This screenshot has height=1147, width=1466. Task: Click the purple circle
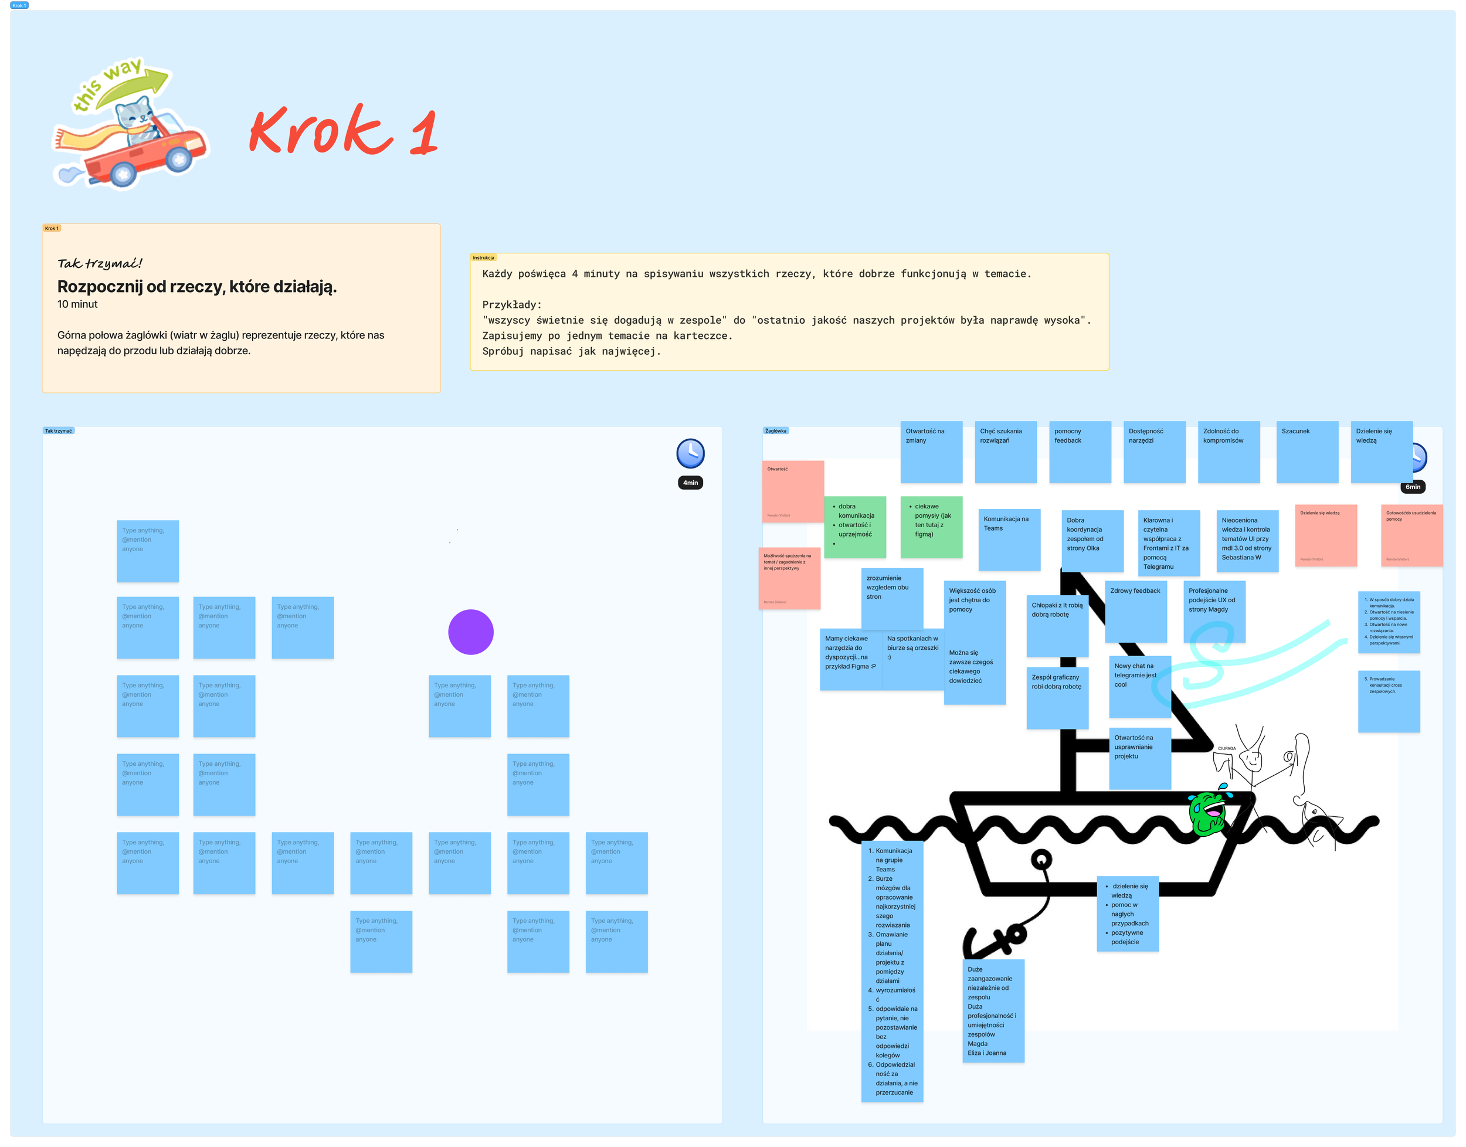471,632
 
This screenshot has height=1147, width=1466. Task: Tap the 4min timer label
690,483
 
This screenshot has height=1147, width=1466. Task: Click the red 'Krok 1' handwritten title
343,130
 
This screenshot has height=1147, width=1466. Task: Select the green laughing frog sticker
1209,813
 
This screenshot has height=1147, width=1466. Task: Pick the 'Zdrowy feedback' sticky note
1136,610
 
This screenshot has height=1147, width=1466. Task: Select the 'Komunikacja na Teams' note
1009,539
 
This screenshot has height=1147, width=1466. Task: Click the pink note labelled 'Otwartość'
792,491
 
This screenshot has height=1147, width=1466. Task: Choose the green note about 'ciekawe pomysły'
931,527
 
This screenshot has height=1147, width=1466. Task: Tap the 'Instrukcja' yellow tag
484,258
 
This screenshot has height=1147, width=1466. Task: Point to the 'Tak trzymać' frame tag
59,431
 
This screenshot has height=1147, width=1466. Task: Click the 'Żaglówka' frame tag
776,431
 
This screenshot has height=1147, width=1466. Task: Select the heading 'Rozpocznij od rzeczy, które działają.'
197,287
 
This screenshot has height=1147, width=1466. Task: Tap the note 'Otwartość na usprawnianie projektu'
1139,758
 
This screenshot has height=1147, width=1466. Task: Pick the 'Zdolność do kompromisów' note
1229,452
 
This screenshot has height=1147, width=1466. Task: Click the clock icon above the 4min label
690,453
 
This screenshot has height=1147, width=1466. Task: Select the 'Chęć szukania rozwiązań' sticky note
1005,452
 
